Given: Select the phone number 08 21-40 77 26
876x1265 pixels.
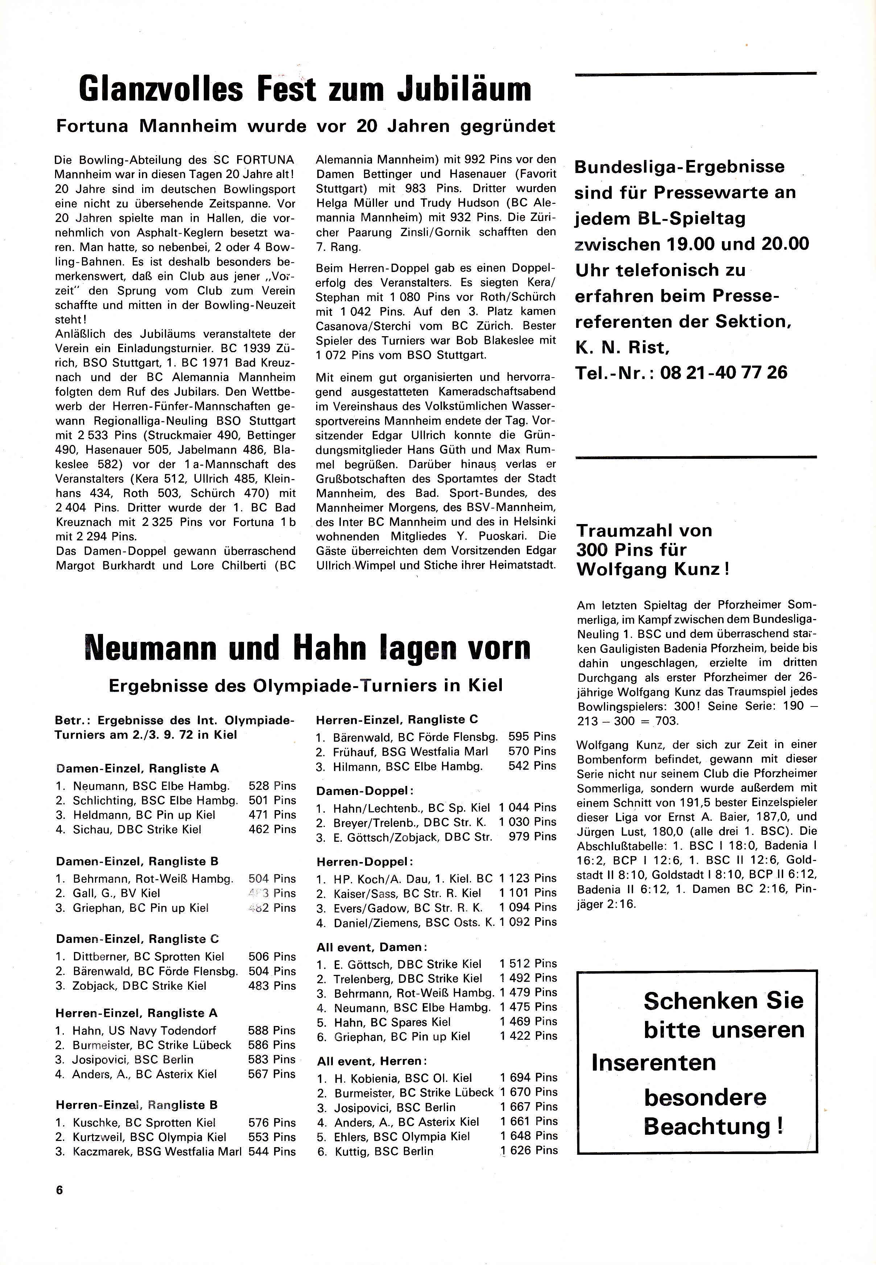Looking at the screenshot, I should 724,373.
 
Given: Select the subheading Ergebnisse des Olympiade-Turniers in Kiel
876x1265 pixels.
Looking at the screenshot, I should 305,686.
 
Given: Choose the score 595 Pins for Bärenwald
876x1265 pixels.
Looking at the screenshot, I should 532,737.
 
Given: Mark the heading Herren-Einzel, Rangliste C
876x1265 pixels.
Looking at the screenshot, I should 397,719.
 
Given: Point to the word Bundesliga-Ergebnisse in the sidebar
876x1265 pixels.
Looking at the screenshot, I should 679,167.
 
